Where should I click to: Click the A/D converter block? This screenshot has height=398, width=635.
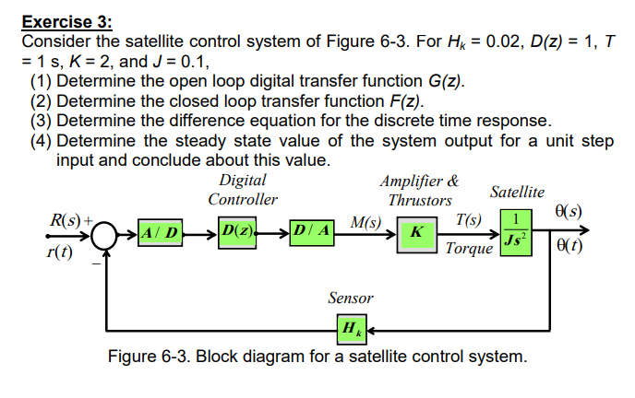[162, 229]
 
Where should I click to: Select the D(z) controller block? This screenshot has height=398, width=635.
[237, 228]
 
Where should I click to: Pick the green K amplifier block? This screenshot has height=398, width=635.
[417, 231]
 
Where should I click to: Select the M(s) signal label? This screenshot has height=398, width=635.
[366, 221]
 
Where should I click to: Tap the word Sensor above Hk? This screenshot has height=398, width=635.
[352, 298]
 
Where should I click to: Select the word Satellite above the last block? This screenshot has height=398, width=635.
[517, 192]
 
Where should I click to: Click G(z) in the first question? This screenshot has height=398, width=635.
[436, 82]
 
